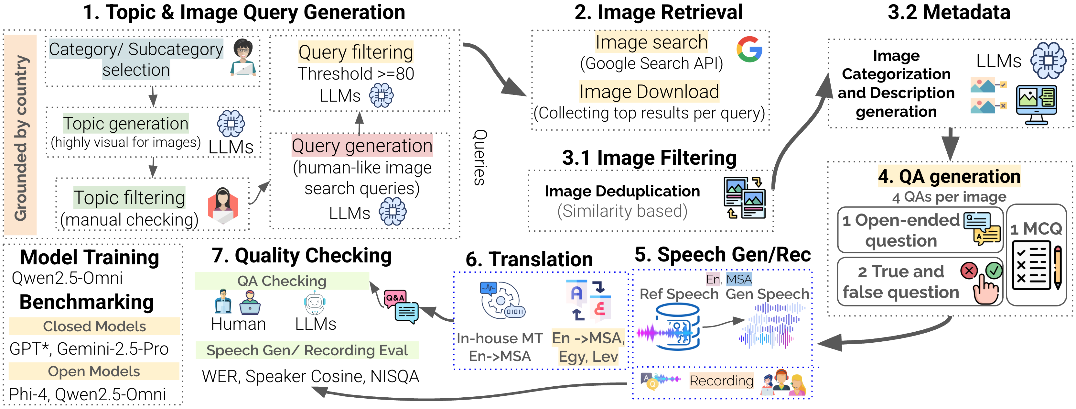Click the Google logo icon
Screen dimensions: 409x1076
click(749, 50)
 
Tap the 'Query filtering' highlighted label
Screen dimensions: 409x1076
click(355, 52)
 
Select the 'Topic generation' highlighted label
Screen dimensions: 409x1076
click(126, 124)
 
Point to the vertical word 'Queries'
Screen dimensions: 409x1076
click(480, 157)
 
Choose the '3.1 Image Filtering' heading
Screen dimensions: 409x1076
click(649, 158)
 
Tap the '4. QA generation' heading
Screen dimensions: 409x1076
click(949, 176)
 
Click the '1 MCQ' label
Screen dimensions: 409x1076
click(1036, 229)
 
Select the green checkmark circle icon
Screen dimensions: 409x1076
click(994, 271)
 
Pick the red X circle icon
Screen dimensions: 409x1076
click(969, 271)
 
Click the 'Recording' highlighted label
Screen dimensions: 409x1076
click(721, 381)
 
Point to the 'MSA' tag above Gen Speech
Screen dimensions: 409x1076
click(739, 279)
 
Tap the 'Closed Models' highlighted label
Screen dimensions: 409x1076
click(94, 326)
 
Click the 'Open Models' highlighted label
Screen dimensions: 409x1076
click(94, 371)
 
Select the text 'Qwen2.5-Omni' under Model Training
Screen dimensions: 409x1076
click(67, 278)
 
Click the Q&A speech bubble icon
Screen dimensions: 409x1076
click(401, 306)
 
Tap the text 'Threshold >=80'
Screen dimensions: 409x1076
click(355, 74)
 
